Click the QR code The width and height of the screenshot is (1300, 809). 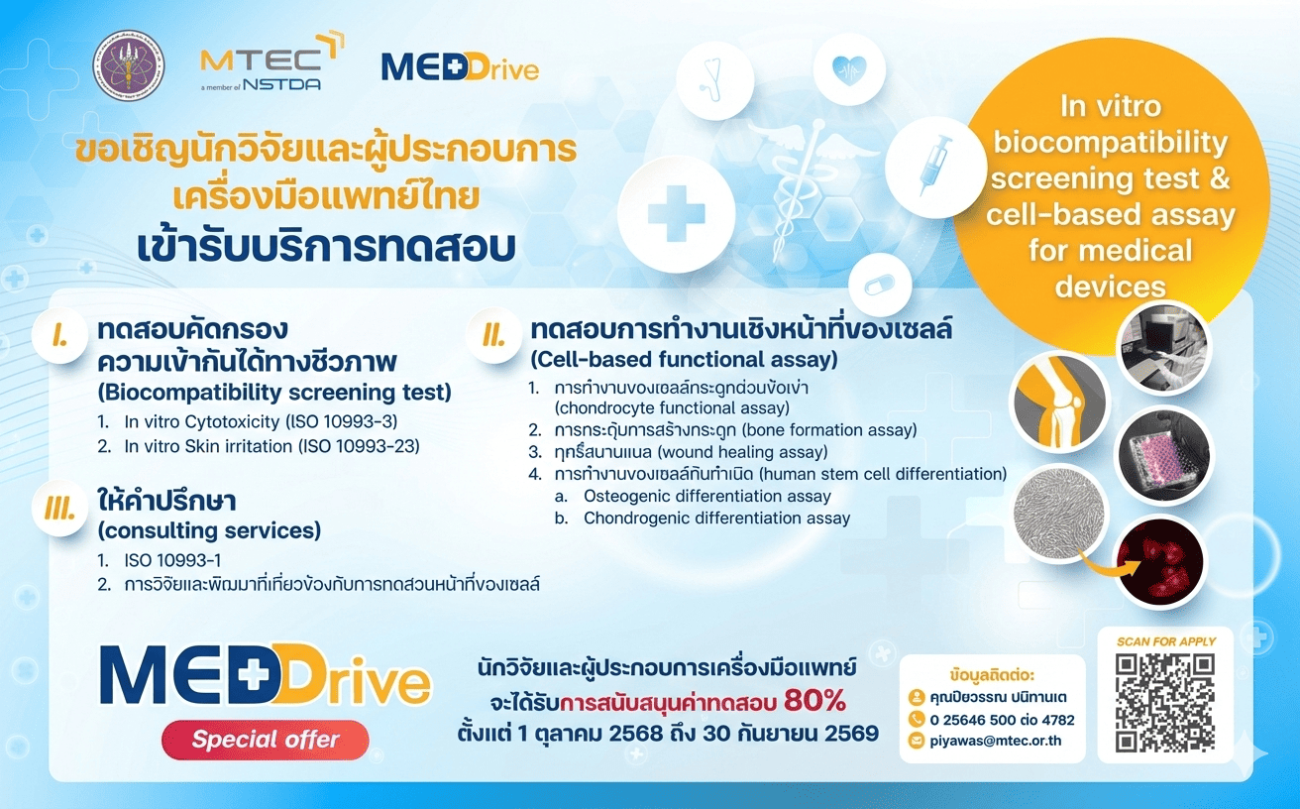[x=1164, y=703]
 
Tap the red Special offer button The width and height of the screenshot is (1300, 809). [x=265, y=740]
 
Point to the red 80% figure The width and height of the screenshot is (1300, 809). [x=814, y=701]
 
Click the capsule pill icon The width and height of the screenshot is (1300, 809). [x=879, y=285]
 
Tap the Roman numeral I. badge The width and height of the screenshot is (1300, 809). [x=60, y=337]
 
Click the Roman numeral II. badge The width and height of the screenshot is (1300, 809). [x=492, y=335]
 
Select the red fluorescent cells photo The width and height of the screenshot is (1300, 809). [x=1158, y=561]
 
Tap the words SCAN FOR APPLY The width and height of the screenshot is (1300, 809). [x=1165, y=641]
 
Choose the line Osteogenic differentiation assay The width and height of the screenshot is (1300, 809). [x=707, y=496]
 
